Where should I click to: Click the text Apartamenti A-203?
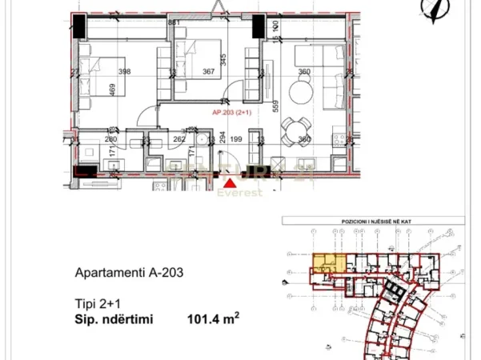click(129, 272)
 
